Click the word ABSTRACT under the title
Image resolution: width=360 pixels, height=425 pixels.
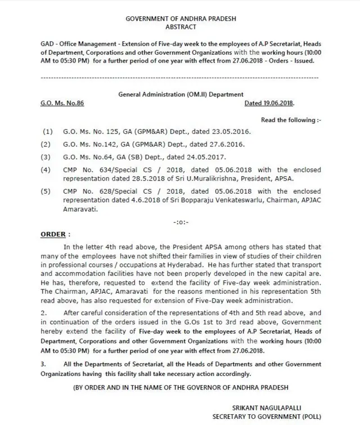[x=180, y=26]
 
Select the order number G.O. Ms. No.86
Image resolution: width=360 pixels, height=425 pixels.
[x=62, y=104]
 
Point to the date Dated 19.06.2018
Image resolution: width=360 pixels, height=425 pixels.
[x=269, y=104]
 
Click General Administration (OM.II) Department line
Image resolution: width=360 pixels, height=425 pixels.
[x=181, y=95]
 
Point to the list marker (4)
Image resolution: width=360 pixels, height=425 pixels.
[x=47, y=169]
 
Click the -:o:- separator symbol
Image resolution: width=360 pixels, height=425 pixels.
[x=181, y=221]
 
